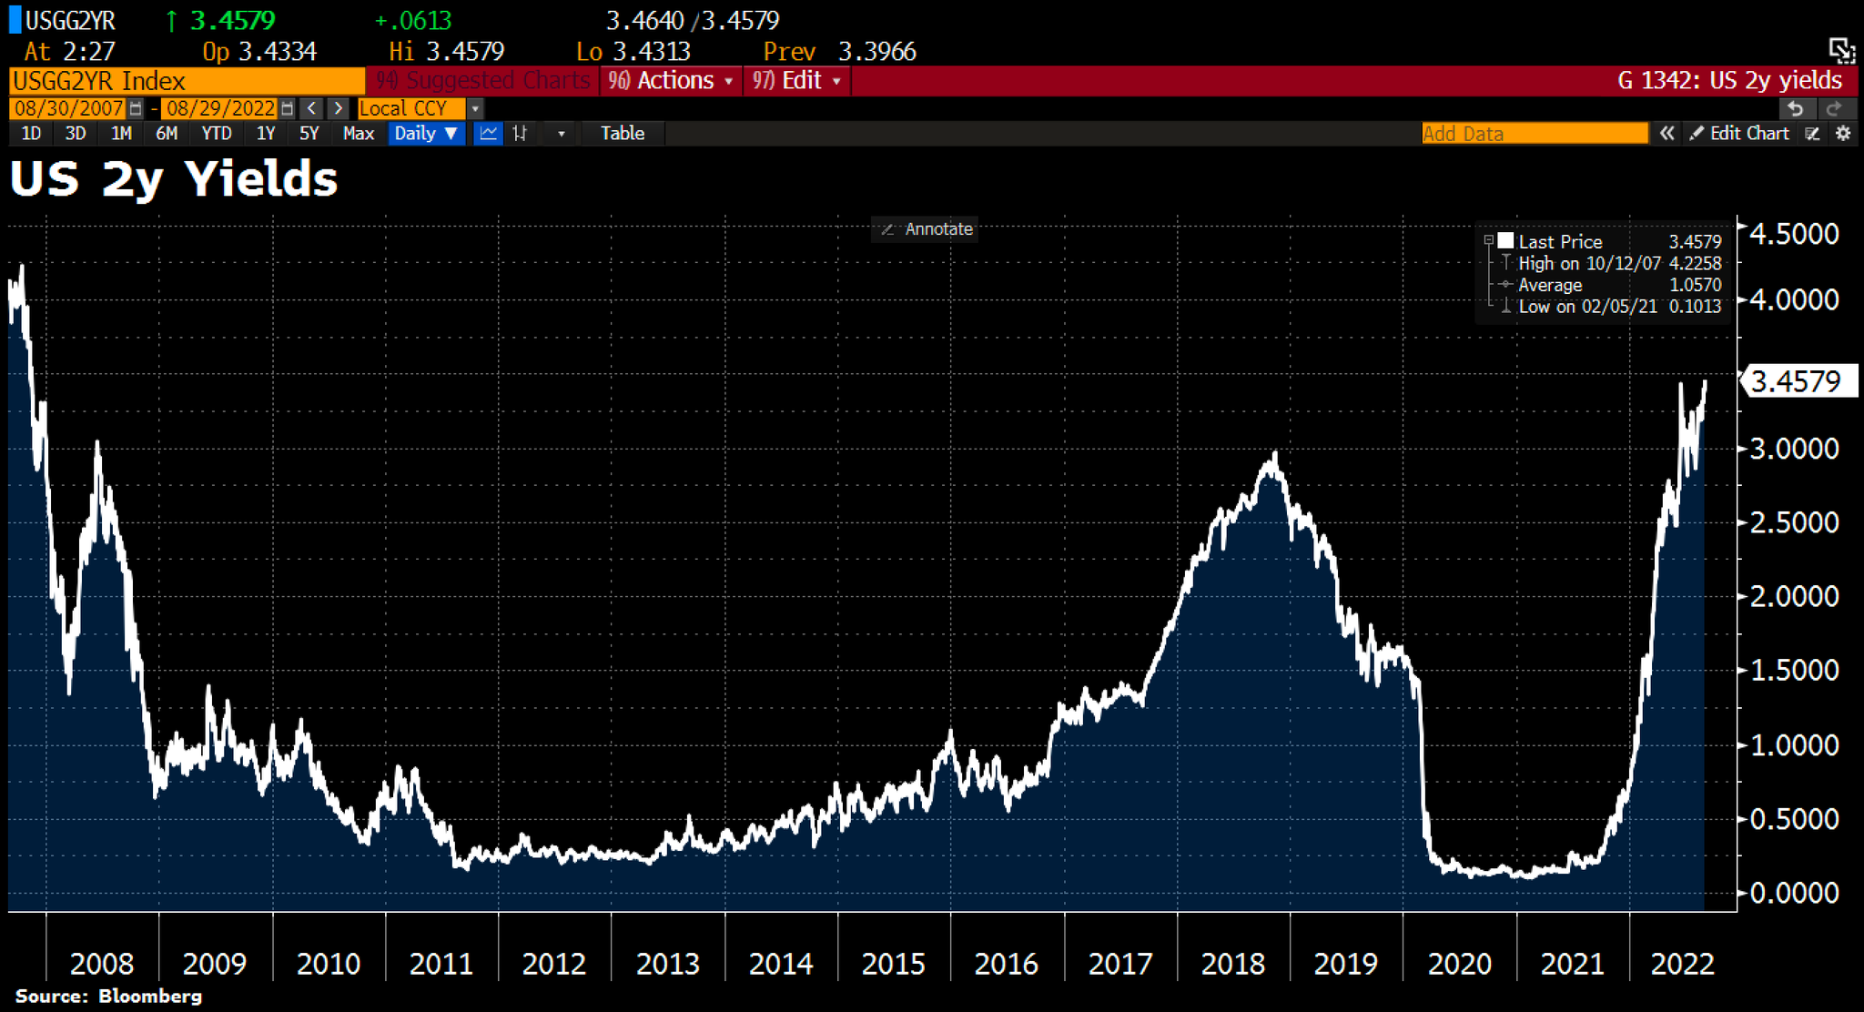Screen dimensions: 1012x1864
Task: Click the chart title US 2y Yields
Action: click(x=173, y=179)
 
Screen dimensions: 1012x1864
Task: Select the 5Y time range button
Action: click(x=309, y=134)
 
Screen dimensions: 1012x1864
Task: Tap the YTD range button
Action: click(x=217, y=134)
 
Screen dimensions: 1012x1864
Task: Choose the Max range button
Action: click(x=359, y=134)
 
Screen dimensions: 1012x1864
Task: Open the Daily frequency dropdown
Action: click(x=426, y=134)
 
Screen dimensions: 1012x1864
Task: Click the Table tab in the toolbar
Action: click(x=623, y=134)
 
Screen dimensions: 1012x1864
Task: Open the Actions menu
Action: click(x=671, y=81)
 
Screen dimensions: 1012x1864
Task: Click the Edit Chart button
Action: click(x=1739, y=134)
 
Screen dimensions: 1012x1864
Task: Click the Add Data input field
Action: click(x=1534, y=134)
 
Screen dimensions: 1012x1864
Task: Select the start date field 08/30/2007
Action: click(x=69, y=108)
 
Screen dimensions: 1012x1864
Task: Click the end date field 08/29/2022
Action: click(x=220, y=108)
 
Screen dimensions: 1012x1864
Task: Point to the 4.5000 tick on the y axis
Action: click(x=1793, y=234)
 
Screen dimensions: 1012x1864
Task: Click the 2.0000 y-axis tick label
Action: click(x=1793, y=596)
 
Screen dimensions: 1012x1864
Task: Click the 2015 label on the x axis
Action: click(x=893, y=964)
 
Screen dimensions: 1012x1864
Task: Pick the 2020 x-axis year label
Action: click(x=1459, y=964)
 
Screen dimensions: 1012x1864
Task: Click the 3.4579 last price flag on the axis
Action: click(x=1797, y=381)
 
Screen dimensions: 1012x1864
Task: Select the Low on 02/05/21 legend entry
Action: click(x=1587, y=307)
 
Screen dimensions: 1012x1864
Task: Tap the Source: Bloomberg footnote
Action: click(x=108, y=997)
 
